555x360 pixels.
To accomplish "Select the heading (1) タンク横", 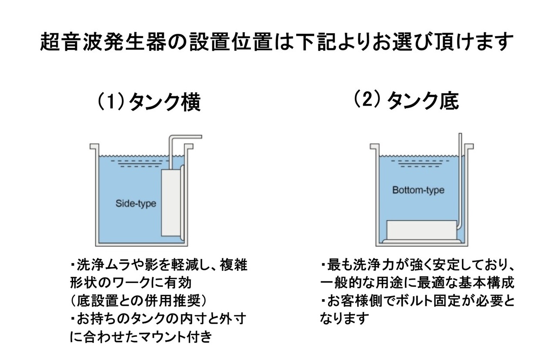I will click(148, 102).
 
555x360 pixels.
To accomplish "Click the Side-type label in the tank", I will click(136, 203).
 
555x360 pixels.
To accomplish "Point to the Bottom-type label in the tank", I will click(418, 190).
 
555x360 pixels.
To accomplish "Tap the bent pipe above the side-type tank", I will click(185, 137).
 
